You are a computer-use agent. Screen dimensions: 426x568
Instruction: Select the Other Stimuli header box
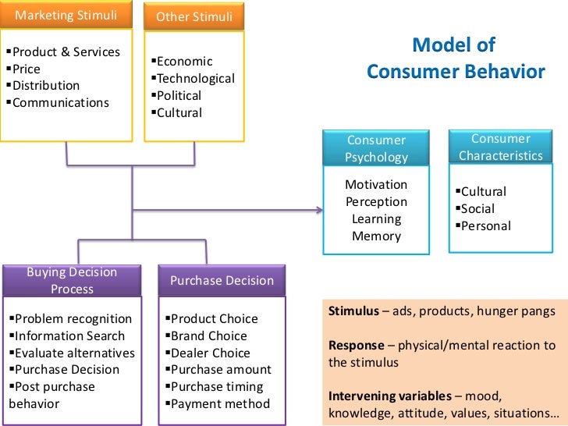(194, 16)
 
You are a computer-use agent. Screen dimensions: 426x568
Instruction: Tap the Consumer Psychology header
(376, 148)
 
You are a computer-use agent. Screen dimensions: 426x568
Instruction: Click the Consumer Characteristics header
(500, 147)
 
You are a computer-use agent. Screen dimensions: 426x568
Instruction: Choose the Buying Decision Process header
(72, 280)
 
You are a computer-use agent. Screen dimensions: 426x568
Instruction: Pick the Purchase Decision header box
(222, 281)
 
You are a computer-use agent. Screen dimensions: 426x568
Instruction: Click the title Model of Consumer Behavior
(456, 59)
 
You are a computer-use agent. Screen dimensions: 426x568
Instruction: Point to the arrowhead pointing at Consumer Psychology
(320, 209)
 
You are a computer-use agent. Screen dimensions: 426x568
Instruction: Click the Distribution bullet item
(45, 85)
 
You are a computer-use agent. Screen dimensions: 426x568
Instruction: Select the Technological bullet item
(195, 78)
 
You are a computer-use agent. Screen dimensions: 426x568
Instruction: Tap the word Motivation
(376, 185)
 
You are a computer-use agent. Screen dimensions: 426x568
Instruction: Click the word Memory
(376, 236)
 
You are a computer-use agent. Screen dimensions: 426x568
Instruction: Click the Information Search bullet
(69, 335)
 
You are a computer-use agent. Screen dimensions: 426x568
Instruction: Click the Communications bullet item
(61, 102)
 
